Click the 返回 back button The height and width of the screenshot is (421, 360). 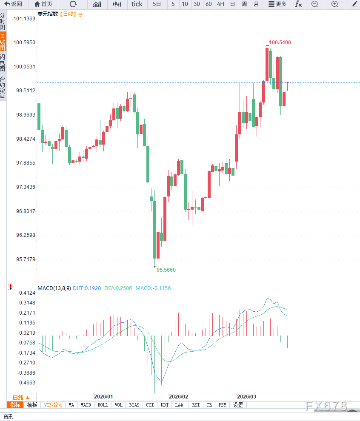pos(13,4)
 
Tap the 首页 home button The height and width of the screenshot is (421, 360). pos(43,4)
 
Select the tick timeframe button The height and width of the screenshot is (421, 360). pos(137,4)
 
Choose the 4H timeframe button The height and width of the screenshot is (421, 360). pos(220,4)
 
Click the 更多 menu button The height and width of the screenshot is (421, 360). pos(277,4)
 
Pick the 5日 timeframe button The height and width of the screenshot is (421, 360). pos(157,4)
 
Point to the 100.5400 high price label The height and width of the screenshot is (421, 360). pos(280,42)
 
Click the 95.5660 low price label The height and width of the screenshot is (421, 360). pos(166,270)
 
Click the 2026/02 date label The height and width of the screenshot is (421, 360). pos(178,396)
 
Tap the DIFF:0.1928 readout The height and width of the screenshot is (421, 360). pos(87,288)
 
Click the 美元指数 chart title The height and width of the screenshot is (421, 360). pos(47,14)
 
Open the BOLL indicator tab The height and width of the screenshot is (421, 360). pos(103,405)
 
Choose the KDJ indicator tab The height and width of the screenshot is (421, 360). pos(164,405)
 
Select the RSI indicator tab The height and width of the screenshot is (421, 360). pos(196,405)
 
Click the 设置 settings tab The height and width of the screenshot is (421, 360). pos(238,405)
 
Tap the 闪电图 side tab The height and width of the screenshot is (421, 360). pos(3,63)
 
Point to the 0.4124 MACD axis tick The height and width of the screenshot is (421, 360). pos(27,293)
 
